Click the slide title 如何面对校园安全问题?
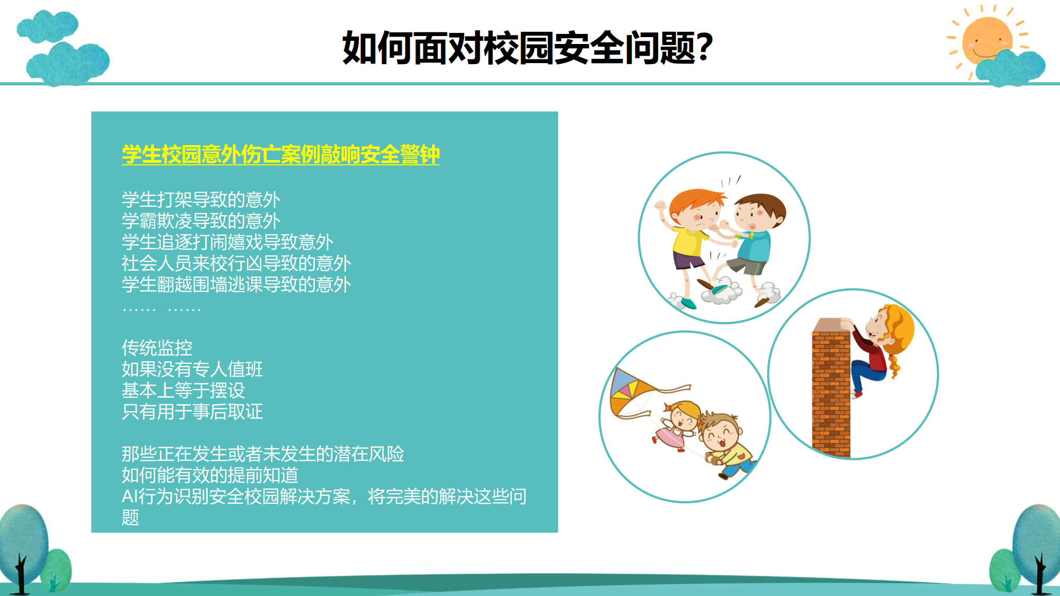pos(527,48)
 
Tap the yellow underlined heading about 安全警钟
pos(281,155)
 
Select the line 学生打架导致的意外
pos(201,200)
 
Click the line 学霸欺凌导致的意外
pos(201,221)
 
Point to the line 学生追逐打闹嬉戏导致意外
pos(227,242)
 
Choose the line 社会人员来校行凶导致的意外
pos(236,263)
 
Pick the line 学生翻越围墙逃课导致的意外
pos(236,284)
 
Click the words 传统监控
pos(157,348)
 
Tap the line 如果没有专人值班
pos(192,369)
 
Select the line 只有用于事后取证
pos(192,412)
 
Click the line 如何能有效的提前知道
pos(210,475)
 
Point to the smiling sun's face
pos(987,40)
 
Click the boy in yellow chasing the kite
pos(726,445)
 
